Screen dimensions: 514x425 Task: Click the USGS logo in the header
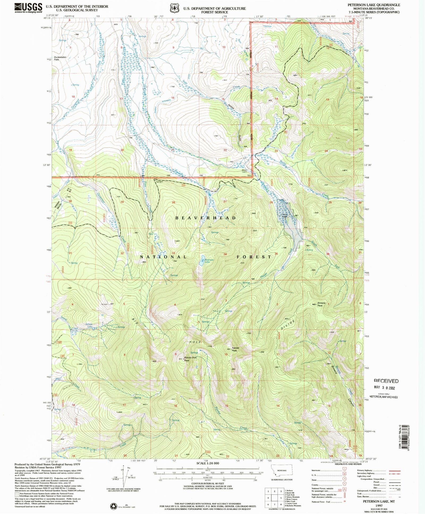[28, 7]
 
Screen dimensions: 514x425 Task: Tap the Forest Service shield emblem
[175, 8]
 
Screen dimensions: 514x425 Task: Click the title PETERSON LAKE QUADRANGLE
[374, 5]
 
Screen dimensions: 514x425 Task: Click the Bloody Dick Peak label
[190, 359]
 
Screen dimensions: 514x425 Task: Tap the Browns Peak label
[321, 304]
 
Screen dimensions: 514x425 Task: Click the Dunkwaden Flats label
[60, 58]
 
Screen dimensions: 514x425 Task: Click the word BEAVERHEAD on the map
[205, 218]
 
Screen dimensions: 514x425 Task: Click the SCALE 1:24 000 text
[208, 463]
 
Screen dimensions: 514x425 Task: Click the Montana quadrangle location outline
[282, 471]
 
